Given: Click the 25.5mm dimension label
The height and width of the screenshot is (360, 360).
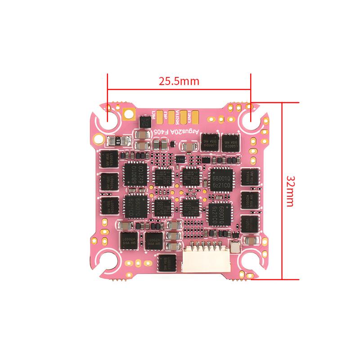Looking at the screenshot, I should point(179,81).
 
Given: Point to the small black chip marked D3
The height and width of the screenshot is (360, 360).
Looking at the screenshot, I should point(145,121).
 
